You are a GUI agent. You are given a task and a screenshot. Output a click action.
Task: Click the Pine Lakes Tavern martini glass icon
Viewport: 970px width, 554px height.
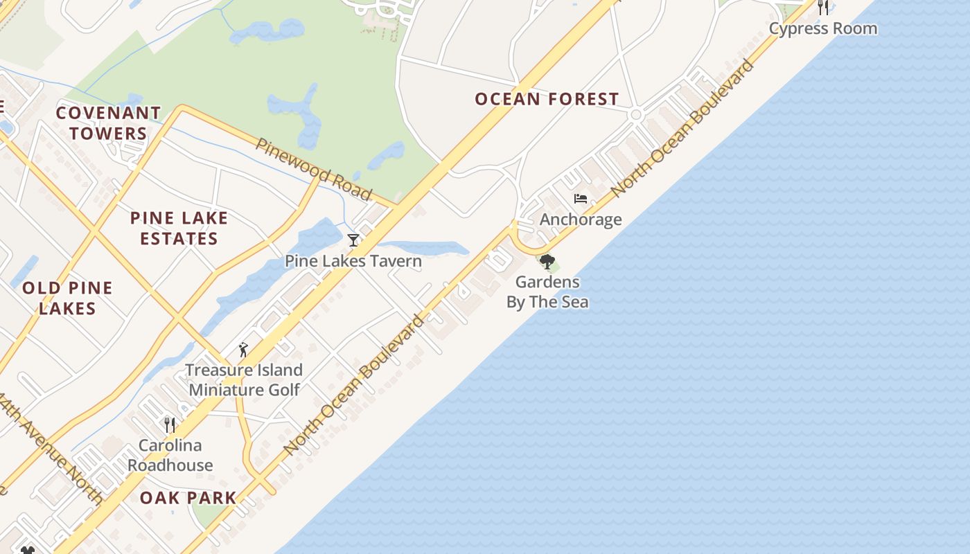click(x=353, y=240)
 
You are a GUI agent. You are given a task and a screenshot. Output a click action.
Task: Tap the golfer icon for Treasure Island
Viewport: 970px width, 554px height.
click(x=242, y=350)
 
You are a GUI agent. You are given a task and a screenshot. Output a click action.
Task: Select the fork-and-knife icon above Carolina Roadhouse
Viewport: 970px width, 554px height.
click(x=169, y=424)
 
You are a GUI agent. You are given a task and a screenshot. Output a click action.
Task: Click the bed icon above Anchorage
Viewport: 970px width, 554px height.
click(x=581, y=199)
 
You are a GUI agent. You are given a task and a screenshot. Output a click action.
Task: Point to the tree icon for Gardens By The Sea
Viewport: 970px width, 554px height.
click(x=547, y=262)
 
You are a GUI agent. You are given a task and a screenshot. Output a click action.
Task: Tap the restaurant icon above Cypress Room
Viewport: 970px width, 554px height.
click(x=823, y=8)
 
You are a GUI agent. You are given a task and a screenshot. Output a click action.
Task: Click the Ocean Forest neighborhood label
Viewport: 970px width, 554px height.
click(x=547, y=99)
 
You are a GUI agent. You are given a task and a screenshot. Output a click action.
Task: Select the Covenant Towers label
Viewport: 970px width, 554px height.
click(x=108, y=123)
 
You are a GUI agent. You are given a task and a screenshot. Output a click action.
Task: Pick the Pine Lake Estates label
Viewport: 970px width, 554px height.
click(x=179, y=228)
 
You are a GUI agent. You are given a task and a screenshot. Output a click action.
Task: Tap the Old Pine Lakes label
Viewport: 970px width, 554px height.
click(x=67, y=298)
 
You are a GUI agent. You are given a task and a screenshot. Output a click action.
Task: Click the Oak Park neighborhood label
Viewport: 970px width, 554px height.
click(x=188, y=497)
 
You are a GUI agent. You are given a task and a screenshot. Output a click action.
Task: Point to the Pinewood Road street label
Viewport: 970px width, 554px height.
click(x=313, y=168)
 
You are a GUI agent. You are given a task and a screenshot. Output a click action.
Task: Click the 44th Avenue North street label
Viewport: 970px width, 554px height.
click(x=52, y=450)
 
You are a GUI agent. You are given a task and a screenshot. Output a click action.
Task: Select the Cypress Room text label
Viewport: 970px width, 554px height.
click(x=823, y=28)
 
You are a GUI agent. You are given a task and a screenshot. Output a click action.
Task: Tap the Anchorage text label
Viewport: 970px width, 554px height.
click(x=581, y=220)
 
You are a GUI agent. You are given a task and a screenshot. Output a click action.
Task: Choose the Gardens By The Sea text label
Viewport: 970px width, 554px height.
click(x=547, y=292)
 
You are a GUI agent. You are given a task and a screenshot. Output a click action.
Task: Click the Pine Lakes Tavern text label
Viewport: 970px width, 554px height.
click(x=353, y=261)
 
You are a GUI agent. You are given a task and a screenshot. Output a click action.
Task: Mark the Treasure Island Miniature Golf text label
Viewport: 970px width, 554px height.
click(x=244, y=379)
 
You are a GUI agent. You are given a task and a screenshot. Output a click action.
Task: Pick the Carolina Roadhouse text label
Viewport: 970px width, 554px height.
click(x=170, y=455)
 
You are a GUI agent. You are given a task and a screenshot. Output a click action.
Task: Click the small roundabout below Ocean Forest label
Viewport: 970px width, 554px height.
click(x=635, y=114)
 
